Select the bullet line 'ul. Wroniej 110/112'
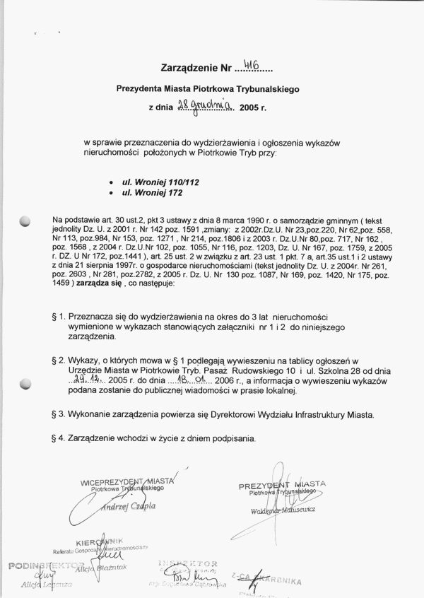click(x=151, y=182)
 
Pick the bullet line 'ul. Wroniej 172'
click(x=143, y=192)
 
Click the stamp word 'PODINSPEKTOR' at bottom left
click(x=37, y=566)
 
